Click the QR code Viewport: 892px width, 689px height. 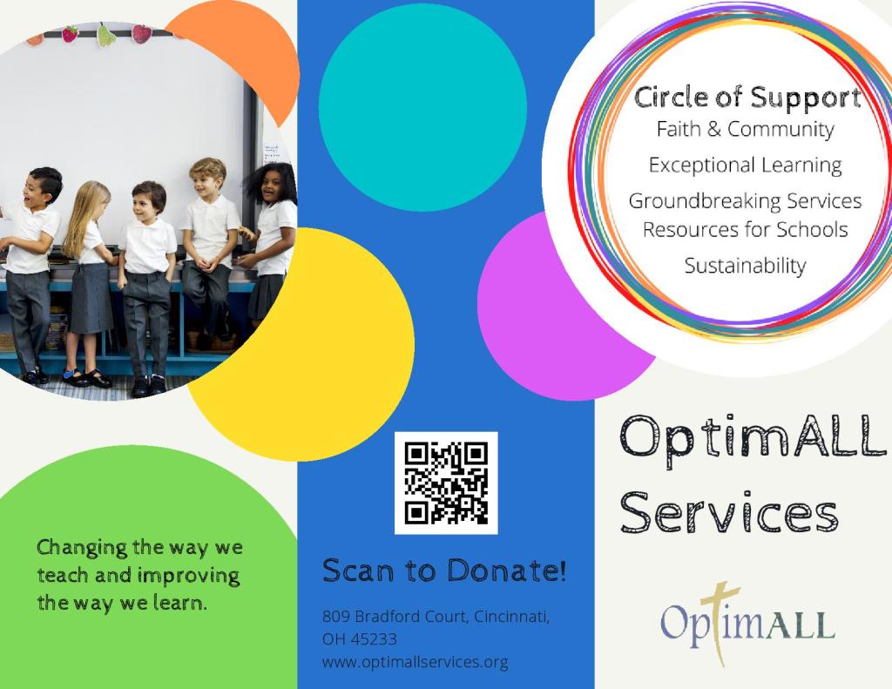point(446,483)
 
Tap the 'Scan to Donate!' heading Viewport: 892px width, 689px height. point(444,570)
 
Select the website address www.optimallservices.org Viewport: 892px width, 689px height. point(415,662)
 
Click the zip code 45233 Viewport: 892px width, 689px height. point(373,639)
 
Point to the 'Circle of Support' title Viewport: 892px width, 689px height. point(747,98)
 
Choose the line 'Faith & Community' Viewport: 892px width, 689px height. point(746,129)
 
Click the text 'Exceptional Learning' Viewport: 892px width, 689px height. point(746,165)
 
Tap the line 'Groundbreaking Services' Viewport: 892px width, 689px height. point(746,201)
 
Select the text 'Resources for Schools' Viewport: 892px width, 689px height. point(746,229)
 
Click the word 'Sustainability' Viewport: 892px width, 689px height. point(746,266)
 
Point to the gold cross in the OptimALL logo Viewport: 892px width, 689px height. point(720,623)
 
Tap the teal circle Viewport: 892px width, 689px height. point(422,107)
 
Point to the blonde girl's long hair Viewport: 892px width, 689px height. point(86,218)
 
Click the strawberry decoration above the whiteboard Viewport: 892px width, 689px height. point(70,34)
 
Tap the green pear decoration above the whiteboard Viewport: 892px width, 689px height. point(105,35)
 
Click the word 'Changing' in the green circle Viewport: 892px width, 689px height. point(82,548)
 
